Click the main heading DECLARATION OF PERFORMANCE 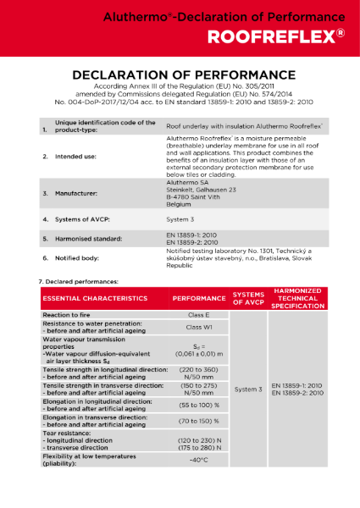tap(179, 75)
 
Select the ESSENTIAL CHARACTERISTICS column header tap(95, 299)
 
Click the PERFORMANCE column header tap(197, 299)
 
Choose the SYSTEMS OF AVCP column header tap(248, 299)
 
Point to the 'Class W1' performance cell tap(197, 326)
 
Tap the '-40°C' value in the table tap(197, 460)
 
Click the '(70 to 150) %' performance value tap(197, 420)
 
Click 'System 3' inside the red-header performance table tap(248, 389)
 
